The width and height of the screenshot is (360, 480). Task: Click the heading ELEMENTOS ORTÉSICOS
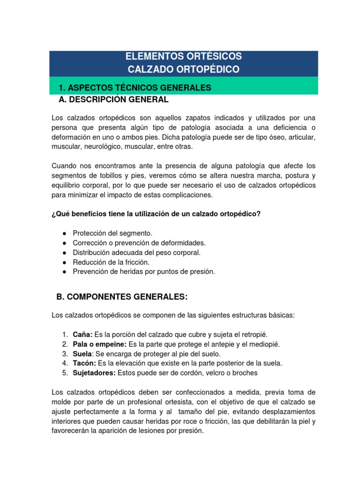click(x=184, y=56)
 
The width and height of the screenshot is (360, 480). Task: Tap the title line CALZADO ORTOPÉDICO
click(x=184, y=69)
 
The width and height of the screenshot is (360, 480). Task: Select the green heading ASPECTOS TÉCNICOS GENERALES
click(x=135, y=88)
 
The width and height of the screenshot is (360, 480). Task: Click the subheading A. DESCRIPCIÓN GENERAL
click(x=113, y=99)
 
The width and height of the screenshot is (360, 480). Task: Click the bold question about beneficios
click(x=156, y=214)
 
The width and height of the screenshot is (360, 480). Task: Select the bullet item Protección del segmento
click(x=112, y=233)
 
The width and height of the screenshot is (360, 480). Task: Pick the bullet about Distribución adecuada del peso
click(x=136, y=253)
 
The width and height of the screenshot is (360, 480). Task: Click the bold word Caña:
click(x=83, y=334)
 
